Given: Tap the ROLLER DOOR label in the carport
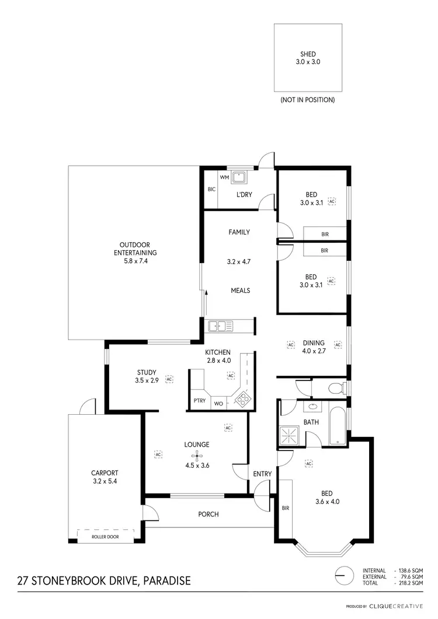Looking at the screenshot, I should tap(105, 536).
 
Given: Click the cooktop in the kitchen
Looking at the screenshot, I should tap(241, 400).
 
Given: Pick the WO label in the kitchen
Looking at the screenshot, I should tap(218, 403).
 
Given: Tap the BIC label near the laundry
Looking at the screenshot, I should tap(211, 189).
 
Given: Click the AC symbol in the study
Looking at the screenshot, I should tap(169, 379).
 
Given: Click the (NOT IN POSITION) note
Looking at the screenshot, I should tap(308, 100).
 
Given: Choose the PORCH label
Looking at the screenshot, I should tap(208, 514).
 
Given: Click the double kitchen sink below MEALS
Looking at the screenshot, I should tap(221, 326).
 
